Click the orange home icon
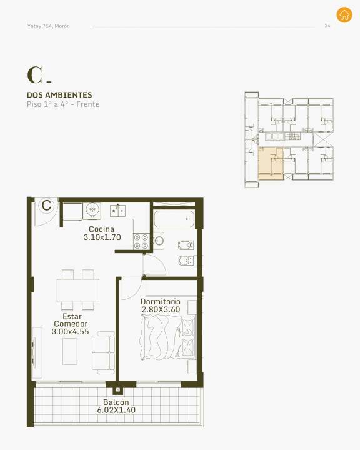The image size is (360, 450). (344, 14)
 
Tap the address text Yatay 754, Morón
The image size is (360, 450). (49, 26)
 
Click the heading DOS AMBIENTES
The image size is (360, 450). (59, 95)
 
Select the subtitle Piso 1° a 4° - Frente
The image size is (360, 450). (63, 104)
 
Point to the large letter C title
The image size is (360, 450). (35, 75)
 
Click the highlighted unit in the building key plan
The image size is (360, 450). (271, 164)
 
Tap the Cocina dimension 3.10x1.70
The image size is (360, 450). (102, 237)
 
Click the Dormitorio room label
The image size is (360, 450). (161, 302)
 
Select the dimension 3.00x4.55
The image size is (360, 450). (71, 332)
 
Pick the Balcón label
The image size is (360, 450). (116, 402)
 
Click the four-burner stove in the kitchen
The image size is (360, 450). (141, 242)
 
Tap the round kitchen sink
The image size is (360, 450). (92, 211)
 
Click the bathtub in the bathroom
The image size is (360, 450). (174, 219)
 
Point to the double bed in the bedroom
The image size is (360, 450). (168, 337)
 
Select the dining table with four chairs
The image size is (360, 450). (77, 290)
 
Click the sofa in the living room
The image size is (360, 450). (103, 352)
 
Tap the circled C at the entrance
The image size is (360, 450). (46, 205)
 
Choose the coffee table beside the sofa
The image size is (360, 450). (70, 351)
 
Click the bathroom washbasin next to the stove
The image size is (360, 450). (159, 241)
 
